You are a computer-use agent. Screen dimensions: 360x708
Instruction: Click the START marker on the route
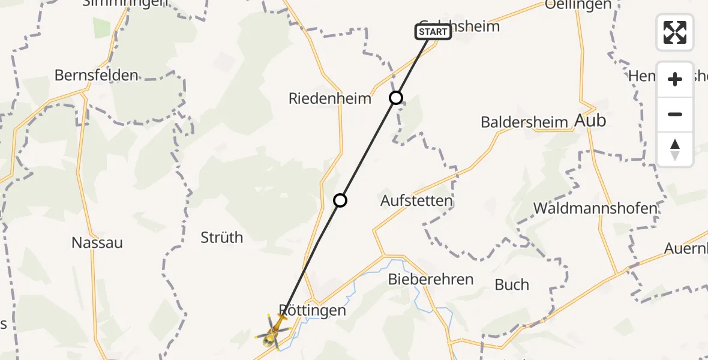(433, 32)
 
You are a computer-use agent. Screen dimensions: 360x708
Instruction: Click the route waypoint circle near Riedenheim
(396, 98)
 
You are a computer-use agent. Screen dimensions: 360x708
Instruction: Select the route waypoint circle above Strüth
(340, 200)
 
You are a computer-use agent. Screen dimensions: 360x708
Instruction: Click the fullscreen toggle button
(675, 32)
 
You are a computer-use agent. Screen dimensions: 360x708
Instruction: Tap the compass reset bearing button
(675, 150)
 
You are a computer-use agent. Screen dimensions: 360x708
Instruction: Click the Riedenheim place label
(330, 98)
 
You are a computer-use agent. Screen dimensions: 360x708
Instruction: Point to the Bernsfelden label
(96, 76)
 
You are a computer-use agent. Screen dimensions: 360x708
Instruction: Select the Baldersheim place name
(524, 122)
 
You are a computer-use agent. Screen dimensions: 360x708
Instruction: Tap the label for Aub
(590, 121)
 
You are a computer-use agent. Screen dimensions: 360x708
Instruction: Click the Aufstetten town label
(416, 200)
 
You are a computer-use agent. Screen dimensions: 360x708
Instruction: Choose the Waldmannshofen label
(595, 208)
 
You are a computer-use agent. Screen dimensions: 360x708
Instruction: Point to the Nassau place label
(97, 242)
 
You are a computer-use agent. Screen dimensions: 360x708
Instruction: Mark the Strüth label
(222, 238)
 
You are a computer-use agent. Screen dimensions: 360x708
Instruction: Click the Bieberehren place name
(431, 279)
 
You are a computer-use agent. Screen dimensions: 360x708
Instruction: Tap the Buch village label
(512, 284)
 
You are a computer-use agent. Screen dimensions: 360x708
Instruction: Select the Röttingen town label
(313, 310)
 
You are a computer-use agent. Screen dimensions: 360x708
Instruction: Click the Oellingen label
(578, 5)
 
